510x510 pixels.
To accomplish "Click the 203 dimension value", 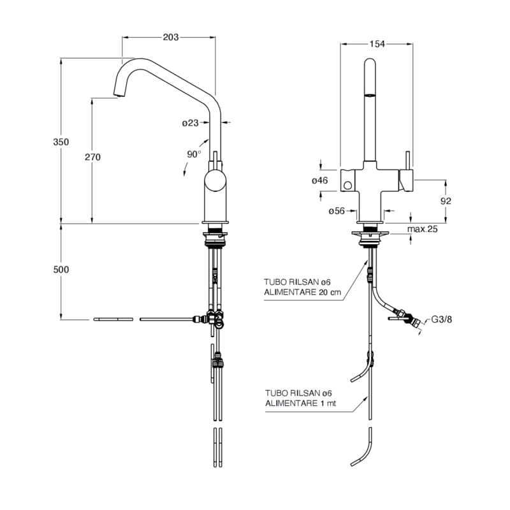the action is [x=171, y=38].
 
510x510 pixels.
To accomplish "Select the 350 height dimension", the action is [x=61, y=142].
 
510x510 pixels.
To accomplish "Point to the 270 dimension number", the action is [x=92, y=157].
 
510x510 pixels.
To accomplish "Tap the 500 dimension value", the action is [x=61, y=269].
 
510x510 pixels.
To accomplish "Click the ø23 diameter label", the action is [x=190, y=123].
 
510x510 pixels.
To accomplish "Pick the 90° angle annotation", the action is [x=194, y=154].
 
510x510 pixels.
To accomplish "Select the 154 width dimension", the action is [x=377, y=44].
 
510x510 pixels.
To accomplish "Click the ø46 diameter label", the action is [x=320, y=180].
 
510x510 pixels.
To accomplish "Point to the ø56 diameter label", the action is [x=337, y=211].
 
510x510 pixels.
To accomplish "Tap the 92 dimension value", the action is [x=446, y=201].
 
